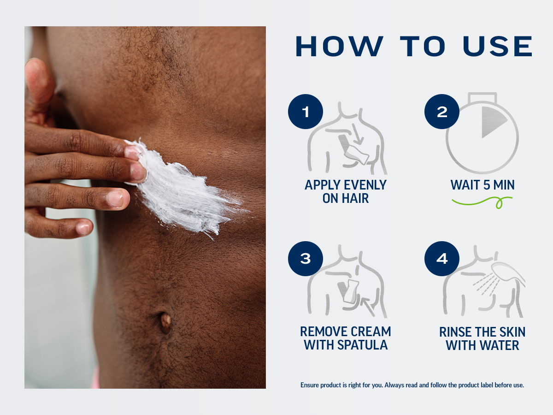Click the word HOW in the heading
coord(339,46)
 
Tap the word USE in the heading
coord(498,46)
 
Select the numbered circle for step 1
coord(306,112)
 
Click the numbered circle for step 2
coord(441,112)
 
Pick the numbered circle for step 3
coord(306,259)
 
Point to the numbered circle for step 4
coord(441,259)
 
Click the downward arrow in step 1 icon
coord(357,134)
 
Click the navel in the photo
coord(165,322)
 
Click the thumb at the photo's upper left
coord(39,86)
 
